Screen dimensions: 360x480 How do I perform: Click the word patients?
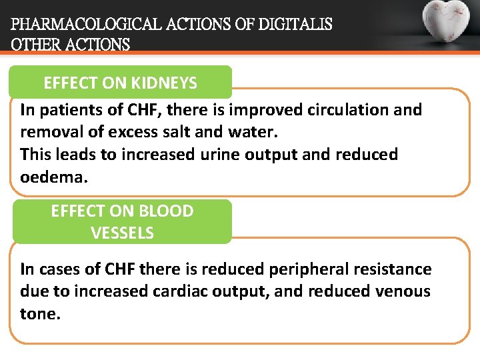click(x=65, y=109)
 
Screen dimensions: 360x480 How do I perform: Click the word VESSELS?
click(x=122, y=233)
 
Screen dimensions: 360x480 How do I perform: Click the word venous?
click(x=401, y=291)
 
